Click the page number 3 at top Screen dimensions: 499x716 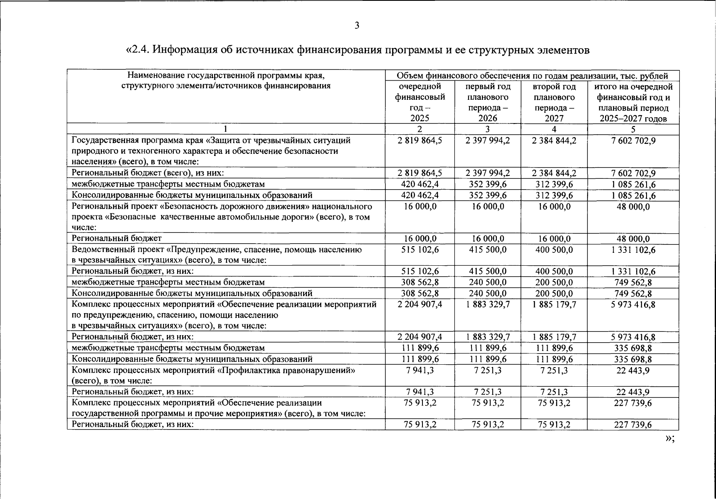point(357,26)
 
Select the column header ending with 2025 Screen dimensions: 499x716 point(420,102)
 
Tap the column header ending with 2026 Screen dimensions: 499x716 point(487,102)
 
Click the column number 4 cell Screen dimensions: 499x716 point(554,129)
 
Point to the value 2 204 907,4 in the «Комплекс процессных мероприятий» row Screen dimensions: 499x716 point(420,304)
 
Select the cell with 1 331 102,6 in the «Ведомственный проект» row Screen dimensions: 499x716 point(633,249)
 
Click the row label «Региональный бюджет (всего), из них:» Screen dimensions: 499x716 point(148,173)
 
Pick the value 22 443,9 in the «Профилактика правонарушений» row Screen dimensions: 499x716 point(633,370)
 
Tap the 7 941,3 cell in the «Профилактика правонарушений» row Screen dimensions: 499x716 point(420,370)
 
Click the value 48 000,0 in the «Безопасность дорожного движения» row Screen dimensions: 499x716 point(633,207)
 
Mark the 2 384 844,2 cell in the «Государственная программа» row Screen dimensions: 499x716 point(554,141)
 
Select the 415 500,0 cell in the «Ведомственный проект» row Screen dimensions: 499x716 point(487,249)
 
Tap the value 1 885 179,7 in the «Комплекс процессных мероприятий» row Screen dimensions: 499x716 point(554,304)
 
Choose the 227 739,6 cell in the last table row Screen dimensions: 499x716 point(633,425)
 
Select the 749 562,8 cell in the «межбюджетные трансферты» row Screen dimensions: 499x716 point(633,282)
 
